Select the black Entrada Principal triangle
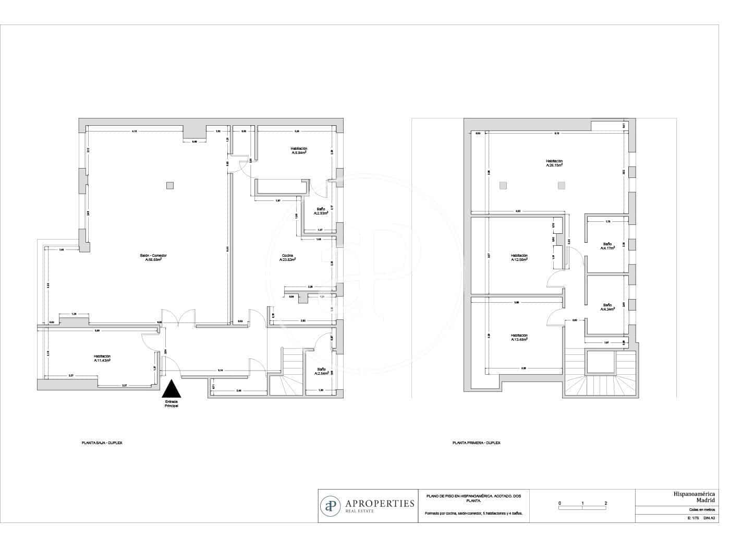pyautogui.click(x=172, y=390)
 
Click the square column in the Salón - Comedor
pyautogui.click(x=170, y=185)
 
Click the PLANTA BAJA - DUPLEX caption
pyautogui.click(x=102, y=443)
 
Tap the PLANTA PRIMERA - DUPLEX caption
pyautogui.click(x=476, y=443)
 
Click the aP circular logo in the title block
pyautogui.click(x=330, y=506)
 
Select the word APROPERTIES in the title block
pyautogui.click(x=380, y=503)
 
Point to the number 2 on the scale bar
pyautogui.click(x=605, y=504)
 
